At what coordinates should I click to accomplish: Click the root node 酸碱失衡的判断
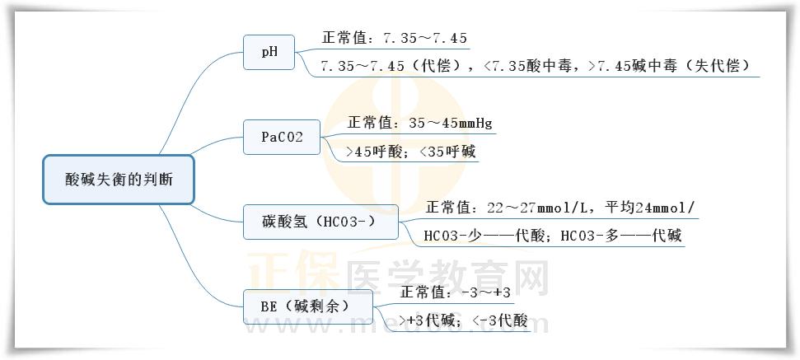(x=119, y=180)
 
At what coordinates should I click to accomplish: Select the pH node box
(x=269, y=52)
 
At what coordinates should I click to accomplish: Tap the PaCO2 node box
(x=282, y=137)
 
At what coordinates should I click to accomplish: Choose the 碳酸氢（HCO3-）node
(x=320, y=222)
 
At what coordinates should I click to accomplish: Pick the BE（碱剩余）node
(x=306, y=306)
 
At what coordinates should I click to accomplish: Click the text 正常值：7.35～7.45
(x=395, y=38)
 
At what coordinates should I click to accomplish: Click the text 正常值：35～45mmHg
(x=420, y=123)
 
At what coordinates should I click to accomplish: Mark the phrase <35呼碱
(x=447, y=152)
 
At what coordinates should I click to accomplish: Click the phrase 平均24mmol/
(x=651, y=207)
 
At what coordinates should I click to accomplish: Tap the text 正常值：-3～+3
(x=455, y=292)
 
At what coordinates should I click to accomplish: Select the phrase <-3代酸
(x=499, y=320)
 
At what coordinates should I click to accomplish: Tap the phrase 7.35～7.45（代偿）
(x=391, y=66)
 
